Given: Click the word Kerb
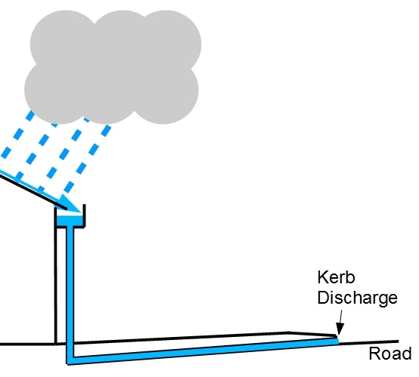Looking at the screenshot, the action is [x=336, y=277].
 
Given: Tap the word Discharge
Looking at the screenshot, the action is [x=357, y=298].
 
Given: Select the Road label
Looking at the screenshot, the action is [x=390, y=354].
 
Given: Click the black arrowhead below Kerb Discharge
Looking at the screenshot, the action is [x=340, y=329].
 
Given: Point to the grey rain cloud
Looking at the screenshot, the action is [x=112, y=66].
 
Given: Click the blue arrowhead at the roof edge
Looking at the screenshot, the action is [x=71, y=204].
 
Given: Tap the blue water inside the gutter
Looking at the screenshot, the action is [x=69, y=221].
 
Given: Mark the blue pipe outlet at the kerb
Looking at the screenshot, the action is [x=337, y=341].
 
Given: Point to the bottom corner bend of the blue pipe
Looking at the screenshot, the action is [x=70, y=360].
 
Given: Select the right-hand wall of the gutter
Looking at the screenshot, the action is [x=84, y=215].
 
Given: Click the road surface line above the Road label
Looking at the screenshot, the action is [x=369, y=342].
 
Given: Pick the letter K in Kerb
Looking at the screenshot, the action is [x=322, y=277].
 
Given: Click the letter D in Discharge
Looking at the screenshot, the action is [x=323, y=297].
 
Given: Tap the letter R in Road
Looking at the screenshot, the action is [x=374, y=354].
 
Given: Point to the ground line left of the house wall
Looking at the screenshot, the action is [x=26, y=344].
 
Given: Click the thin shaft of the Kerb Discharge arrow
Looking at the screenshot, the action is [x=340, y=317].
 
